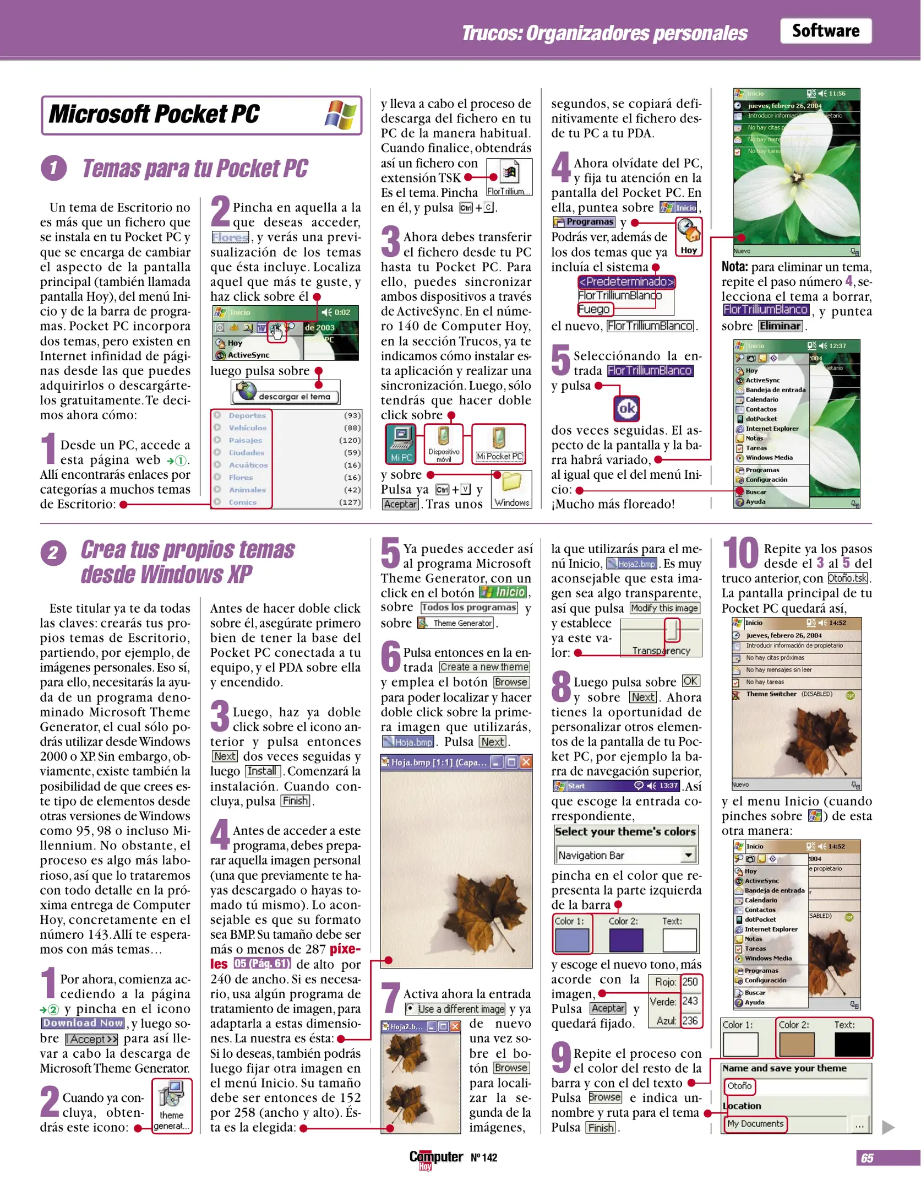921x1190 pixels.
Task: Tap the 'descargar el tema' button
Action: [285, 393]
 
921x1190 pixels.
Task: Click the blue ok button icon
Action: [626, 408]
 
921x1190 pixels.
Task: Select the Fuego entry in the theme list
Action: [593, 309]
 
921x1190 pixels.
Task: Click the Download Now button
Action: [83, 1023]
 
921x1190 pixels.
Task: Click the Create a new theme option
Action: [484, 667]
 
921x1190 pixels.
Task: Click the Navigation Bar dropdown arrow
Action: [688, 855]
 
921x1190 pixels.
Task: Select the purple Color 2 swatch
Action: [625, 940]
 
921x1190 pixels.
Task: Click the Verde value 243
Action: [689, 1001]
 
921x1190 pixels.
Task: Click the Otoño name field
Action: [740, 1085]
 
